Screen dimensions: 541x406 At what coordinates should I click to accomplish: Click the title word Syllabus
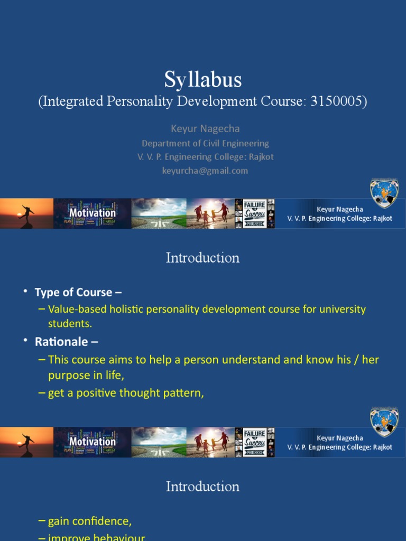[203, 80]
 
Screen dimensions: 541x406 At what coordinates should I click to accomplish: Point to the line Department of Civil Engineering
[205, 143]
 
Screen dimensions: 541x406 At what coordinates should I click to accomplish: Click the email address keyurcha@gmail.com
[205, 171]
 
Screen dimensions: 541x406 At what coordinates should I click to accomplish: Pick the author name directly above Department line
[205, 129]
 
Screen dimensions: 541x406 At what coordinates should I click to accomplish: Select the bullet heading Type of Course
[73, 292]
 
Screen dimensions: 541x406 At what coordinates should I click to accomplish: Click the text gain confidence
[89, 521]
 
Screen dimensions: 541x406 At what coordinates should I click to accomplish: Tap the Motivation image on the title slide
[93, 213]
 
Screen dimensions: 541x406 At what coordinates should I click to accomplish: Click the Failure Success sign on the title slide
[255, 213]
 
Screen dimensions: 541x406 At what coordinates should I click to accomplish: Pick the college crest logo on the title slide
[384, 193]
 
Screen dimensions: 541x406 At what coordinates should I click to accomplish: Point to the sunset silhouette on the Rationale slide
[26, 442]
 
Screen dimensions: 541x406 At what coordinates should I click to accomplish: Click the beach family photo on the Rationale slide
[210, 442]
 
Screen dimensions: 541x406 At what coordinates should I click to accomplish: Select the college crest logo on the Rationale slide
[384, 421]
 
